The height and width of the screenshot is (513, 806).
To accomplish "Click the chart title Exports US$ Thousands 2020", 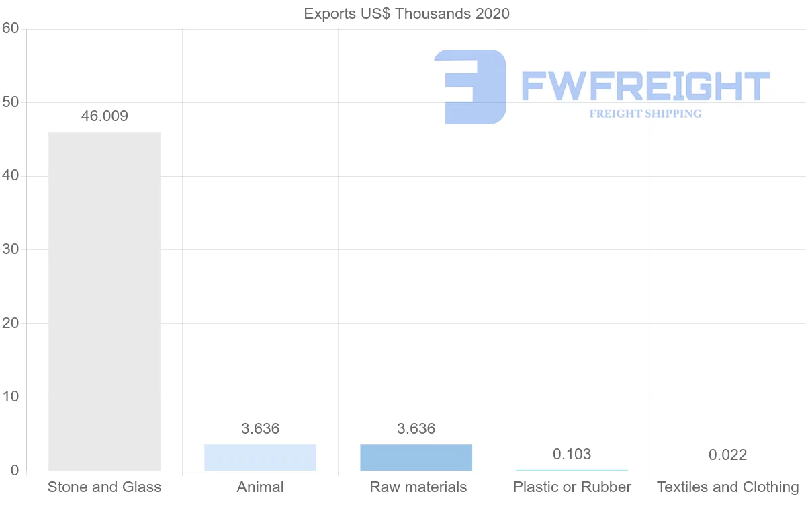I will (x=407, y=13).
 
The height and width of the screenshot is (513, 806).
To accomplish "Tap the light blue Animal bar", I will (x=260, y=457).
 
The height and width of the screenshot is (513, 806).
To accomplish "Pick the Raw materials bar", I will (x=416, y=457).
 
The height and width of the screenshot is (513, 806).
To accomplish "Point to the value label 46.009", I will (x=104, y=116).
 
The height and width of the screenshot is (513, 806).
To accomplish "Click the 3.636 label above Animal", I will (x=260, y=429).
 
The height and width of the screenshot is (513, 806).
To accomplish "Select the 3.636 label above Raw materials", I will (x=416, y=429).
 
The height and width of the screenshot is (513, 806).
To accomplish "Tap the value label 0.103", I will (x=572, y=455).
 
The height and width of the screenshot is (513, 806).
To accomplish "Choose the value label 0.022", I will (x=727, y=455).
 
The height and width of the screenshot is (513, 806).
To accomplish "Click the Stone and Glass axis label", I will (x=104, y=487).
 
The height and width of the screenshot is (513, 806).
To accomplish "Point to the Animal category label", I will (x=260, y=487).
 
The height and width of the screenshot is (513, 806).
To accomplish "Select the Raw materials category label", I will (x=418, y=487).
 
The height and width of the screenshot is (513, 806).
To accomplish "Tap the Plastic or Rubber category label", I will (x=572, y=487).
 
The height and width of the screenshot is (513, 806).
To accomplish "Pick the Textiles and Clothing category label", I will (x=727, y=487).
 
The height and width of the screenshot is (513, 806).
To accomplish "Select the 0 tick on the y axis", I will (x=14, y=471).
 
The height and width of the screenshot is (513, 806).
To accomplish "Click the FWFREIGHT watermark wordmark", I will (x=645, y=86).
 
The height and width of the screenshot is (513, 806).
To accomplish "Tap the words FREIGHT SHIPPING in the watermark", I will (x=645, y=114).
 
